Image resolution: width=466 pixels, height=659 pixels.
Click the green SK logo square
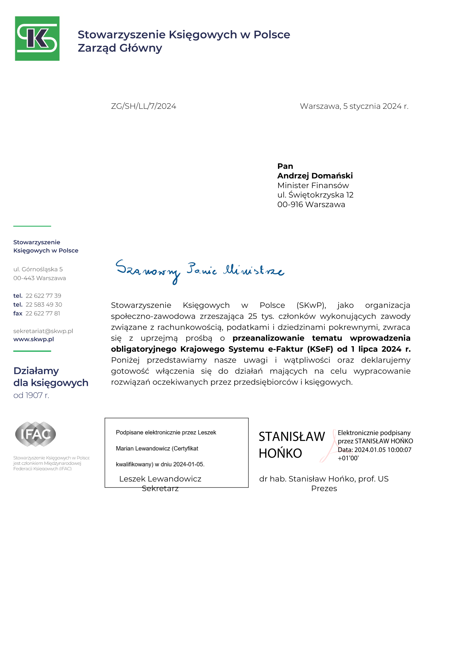[37, 38]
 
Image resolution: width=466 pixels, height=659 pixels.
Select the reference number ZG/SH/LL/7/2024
[143, 106]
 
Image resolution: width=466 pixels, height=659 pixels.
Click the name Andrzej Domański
[315, 176]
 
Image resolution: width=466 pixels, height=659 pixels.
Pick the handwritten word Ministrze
[254, 270]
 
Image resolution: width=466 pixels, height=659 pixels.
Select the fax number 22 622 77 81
[43, 313]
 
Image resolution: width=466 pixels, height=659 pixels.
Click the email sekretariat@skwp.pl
[43, 331]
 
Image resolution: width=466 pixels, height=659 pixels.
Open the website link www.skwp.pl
[34, 339]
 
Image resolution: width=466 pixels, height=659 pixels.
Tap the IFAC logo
[36, 434]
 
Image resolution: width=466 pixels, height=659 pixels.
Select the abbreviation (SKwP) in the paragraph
[311, 305]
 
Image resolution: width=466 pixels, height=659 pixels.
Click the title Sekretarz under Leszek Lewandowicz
[160, 488]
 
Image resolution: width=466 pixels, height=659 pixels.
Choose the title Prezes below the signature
[324, 488]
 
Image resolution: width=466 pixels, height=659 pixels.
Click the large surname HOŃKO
[280, 454]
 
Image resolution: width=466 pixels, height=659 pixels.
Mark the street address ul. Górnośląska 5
[38, 269]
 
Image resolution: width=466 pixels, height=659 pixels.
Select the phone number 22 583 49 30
[44, 304]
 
